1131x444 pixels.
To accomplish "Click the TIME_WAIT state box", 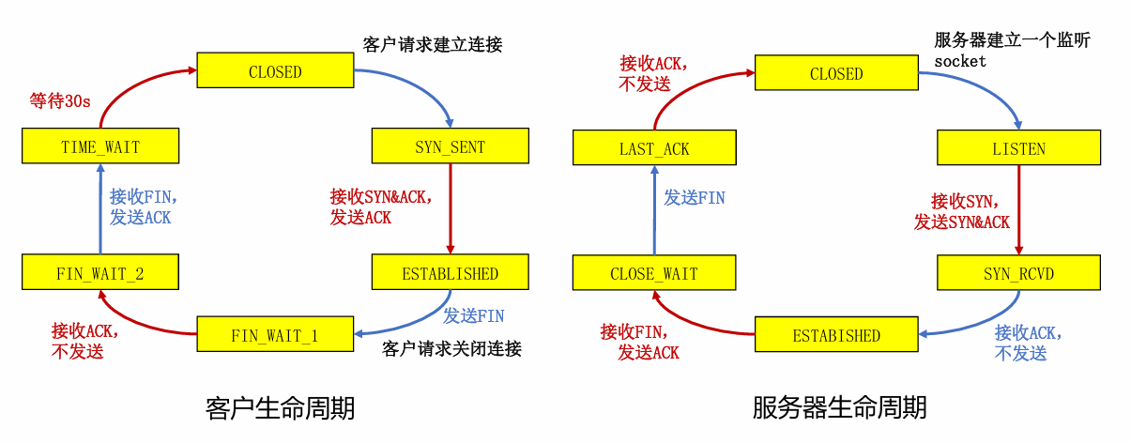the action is click(100, 146).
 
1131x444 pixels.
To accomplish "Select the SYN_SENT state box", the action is click(451, 146).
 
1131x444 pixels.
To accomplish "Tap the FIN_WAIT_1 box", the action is click(275, 334).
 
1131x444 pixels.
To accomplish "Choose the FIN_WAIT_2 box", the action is click(100, 272).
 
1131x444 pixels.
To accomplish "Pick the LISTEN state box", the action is click(1019, 147).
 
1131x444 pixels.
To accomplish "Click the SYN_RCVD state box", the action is click(1019, 273).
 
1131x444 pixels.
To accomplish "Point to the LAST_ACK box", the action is click(654, 147).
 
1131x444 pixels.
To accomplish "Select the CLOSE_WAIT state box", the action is click(654, 273).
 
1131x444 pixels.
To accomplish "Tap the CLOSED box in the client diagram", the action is click(275, 70).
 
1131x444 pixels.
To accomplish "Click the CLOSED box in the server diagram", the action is click(836, 72).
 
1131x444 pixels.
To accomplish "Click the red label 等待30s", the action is click(59, 101).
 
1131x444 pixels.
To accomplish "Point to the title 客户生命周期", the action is click(281, 408).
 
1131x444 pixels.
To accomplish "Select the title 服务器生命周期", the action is click(839, 408).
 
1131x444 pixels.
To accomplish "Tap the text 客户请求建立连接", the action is click(433, 44).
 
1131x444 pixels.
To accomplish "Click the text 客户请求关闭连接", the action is click(451, 348).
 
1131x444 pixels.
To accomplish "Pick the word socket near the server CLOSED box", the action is click(960, 62).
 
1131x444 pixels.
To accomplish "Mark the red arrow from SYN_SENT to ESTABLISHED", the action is click(451, 208).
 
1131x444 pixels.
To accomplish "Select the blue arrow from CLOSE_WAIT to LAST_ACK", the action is click(654, 210).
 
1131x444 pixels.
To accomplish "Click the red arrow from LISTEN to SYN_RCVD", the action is click(1019, 210).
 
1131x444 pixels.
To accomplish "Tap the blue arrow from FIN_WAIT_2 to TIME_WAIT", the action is click(100, 208).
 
